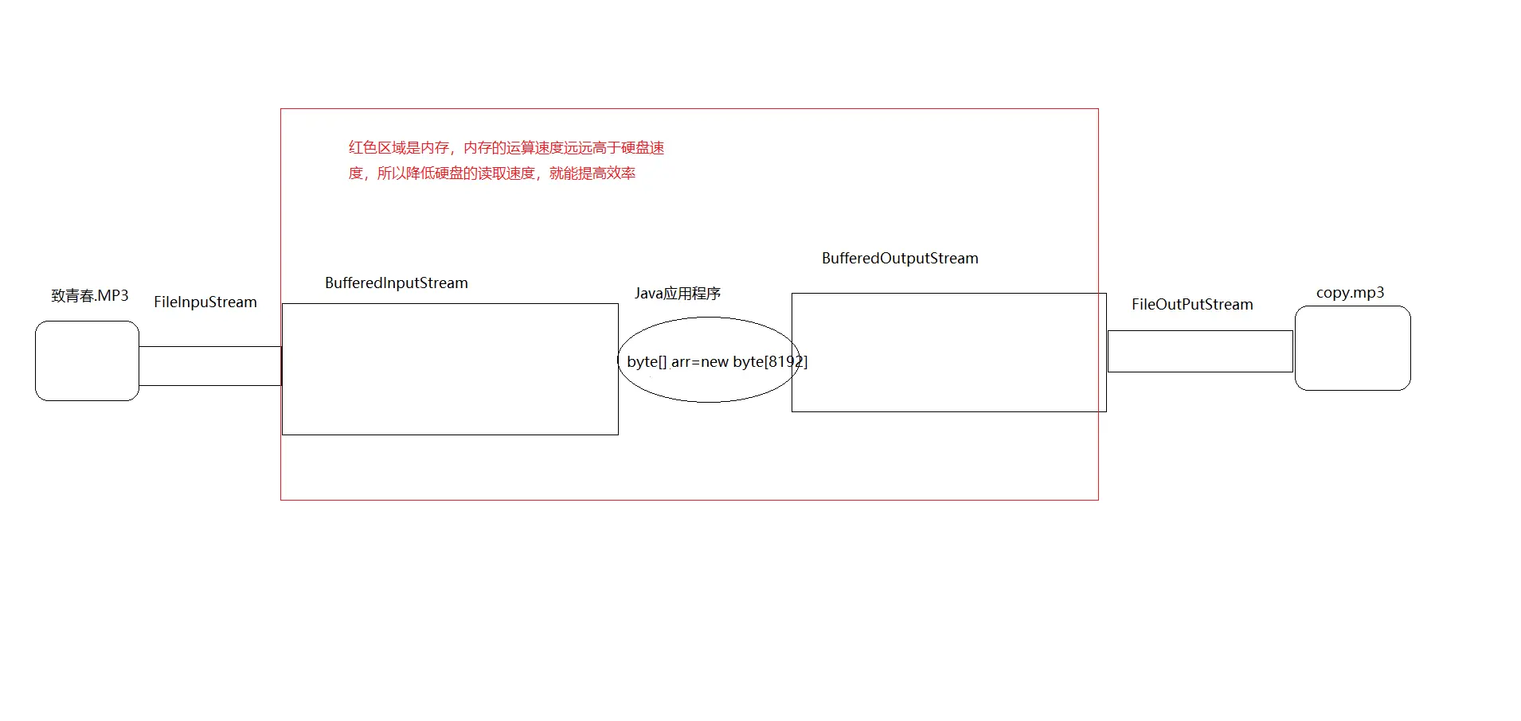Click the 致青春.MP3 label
coord(90,296)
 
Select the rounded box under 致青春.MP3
coord(87,360)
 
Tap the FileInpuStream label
coord(205,302)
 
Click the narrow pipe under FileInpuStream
coord(210,366)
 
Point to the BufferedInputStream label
coord(397,283)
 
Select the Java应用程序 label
coord(678,294)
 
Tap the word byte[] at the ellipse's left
coord(647,362)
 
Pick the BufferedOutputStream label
coord(900,259)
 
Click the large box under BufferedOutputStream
coord(948,382)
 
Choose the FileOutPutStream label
coord(1192,305)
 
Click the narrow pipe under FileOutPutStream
coord(1200,351)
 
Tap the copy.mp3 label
coord(1350,293)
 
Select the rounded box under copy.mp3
coord(1352,349)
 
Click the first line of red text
coord(506,148)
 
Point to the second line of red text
coord(491,173)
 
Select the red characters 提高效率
coord(607,173)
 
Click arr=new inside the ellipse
coord(700,362)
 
